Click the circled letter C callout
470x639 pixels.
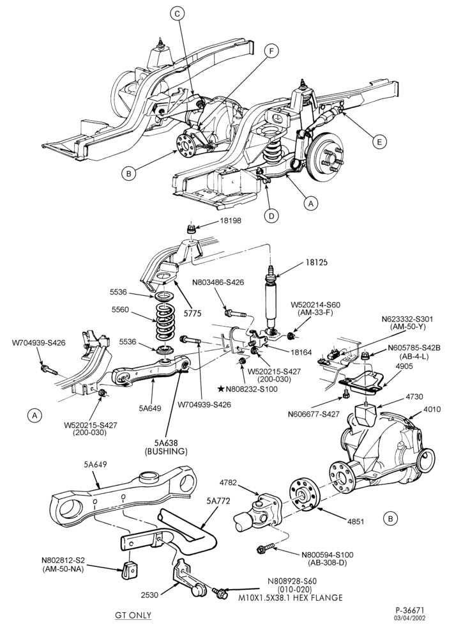(x=177, y=14)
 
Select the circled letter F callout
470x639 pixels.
(x=271, y=51)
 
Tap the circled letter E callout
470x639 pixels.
(x=379, y=141)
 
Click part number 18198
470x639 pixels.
(x=231, y=220)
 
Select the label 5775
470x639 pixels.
(x=192, y=313)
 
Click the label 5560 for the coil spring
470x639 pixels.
(x=120, y=310)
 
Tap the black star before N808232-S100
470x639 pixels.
(x=220, y=389)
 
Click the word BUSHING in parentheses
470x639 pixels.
(x=166, y=451)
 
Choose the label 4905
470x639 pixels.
(x=404, y=366)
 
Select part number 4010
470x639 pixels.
(x=432, y=409)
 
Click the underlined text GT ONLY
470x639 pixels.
(x=133, y=615)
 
